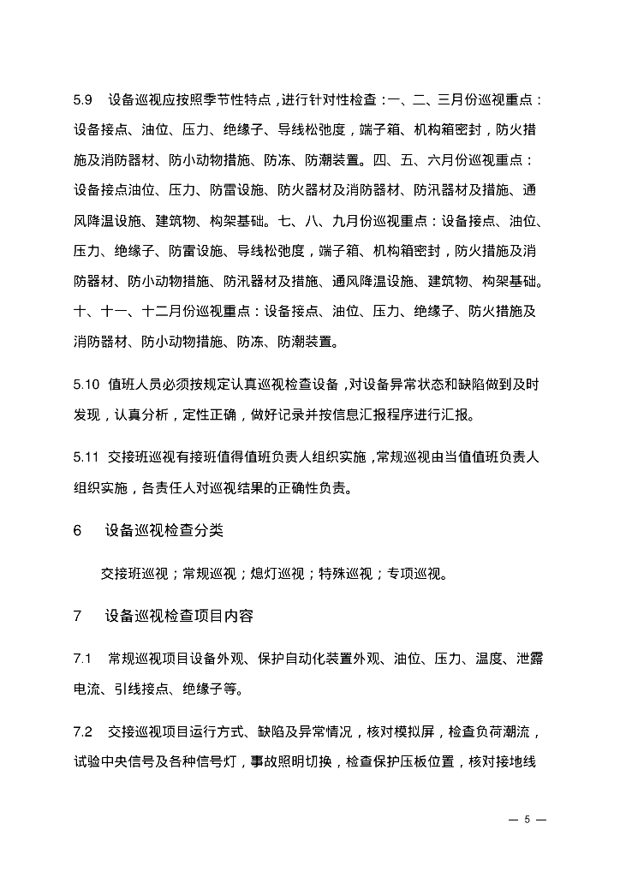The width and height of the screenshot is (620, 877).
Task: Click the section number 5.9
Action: coord(82,100)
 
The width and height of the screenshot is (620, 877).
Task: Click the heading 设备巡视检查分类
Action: coord(164,530)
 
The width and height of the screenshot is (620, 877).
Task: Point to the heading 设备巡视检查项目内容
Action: coord(179,616)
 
